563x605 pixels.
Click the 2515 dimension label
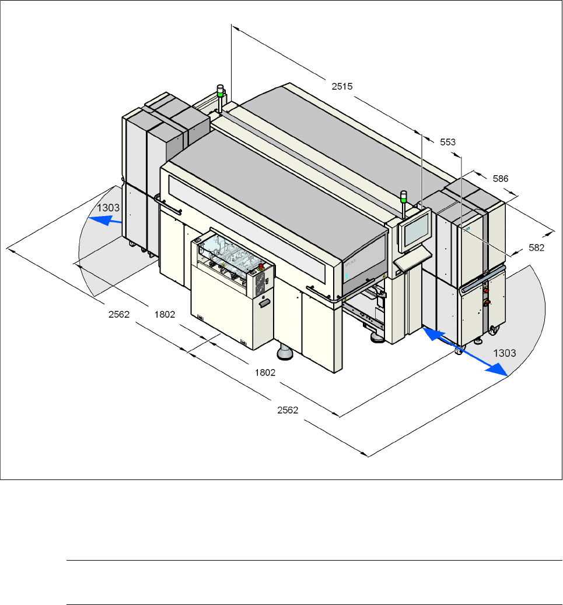[x=342, y=86]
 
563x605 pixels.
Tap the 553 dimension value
[x=447, y=142]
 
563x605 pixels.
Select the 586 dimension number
[x=501, y=178]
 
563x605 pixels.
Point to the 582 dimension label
[x=536, y=248]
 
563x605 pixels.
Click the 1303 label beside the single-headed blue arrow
[x=109, y=208]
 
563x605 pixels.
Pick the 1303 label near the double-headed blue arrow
[x=505, y=353]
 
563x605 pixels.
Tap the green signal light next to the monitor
[x=403, y=196]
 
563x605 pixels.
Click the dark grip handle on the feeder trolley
[x=265, y=302]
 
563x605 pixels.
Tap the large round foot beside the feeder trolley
[x=285, y=352]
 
